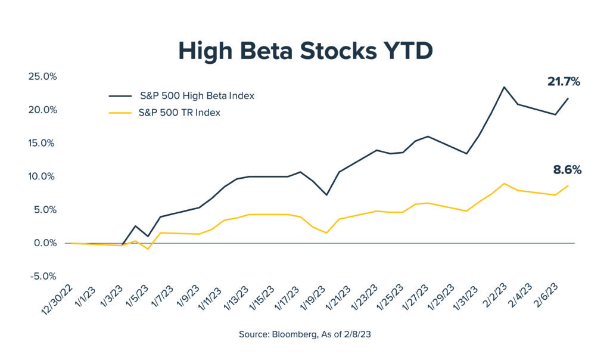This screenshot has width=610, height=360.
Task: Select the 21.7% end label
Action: (x=564, y=82)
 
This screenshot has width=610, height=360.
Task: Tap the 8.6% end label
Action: (x=567, y=170)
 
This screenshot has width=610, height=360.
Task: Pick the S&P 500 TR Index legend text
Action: (x=180, y=112)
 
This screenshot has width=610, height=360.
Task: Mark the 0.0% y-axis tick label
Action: (x=43, y=243)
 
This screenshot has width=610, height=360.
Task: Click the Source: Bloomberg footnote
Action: (x=305, y=334)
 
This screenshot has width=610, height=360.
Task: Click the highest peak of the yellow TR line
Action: (x=505, y=184)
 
